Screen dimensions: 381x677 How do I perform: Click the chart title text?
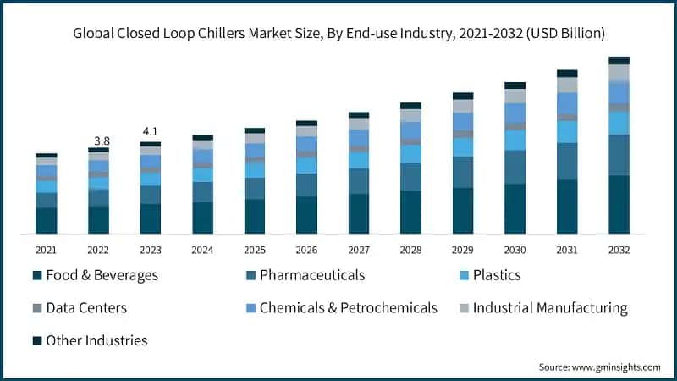[x=338, y=34]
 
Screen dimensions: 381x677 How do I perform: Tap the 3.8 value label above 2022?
[x=102, y=140]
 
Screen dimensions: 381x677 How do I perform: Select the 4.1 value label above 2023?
[x=151, y=131]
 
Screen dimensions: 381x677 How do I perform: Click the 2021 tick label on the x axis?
[x=46, y=250]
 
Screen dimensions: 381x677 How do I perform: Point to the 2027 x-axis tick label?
[x=359, y=250]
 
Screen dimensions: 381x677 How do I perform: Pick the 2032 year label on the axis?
[x=619, y=250]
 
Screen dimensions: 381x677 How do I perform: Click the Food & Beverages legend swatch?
[x=37, y=276]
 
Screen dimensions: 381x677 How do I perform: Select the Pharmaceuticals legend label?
[x=312, y=275]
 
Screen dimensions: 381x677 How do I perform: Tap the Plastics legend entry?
[x=497, y=275]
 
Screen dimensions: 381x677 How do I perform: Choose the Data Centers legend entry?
[x=86, y=308]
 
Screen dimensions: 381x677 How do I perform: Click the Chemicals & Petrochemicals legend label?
[x=348, y=308]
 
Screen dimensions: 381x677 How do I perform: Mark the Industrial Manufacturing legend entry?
[x=550, y=308]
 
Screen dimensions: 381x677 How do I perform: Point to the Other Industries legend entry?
[x=96, y=340]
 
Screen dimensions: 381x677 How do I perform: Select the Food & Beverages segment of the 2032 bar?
[x=619, y=204]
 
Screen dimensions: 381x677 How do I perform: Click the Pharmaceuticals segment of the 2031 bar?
[x=567, y=161]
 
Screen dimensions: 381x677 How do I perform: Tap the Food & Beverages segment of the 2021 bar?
[x=47, y=220]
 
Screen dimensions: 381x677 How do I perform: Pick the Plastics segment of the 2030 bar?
[x=515, y=140]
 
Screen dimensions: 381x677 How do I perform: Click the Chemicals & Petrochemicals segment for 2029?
[x=463, y=121]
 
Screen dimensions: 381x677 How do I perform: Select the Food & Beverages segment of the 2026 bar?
[x=306, y=215]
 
